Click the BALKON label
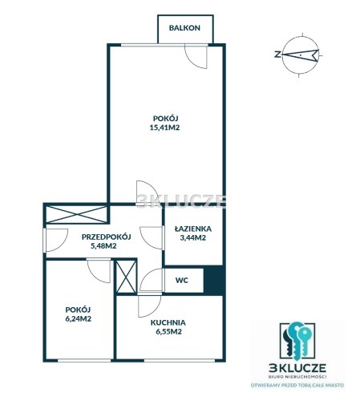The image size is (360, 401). pos(184,28)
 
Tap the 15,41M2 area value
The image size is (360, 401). pos(164,128)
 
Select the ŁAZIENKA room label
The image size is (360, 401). pos(193,229)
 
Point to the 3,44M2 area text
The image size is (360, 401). pos(193,237)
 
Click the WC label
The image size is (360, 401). pos(182,280)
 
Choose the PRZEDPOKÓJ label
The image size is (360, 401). pos(107,237)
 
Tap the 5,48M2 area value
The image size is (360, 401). pos(103,245)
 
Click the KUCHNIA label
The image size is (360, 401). pos(168,322)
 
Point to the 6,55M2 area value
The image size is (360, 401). pos(169,332)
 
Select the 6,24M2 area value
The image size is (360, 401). pos(79,318)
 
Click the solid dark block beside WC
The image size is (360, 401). pos(213,280)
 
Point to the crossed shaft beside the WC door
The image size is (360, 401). pos(126,277)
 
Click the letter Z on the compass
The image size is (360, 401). pos(277,55)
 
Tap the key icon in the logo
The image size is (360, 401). pos(297,340)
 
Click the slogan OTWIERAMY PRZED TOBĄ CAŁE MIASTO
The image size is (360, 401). pos(297,385)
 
